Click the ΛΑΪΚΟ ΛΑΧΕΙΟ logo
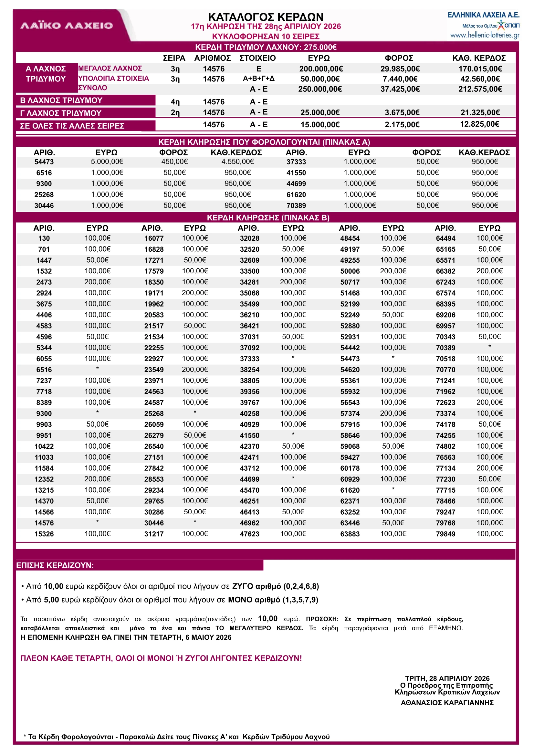(67, 26)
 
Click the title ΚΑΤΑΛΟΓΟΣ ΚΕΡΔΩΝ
(266, 17)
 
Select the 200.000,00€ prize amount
(320, 69)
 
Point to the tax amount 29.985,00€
(400, 69)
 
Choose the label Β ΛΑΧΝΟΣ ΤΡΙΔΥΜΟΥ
(61, 100)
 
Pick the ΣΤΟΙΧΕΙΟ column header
(257, 58)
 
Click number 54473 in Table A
(44, 162)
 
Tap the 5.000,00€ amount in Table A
(107, 162)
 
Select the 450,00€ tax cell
(174, 162)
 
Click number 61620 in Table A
(296, 195)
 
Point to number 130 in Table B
(44, 238)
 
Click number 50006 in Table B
(350, 271)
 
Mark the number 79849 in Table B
(445, 534)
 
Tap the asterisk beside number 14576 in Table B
(97, 522)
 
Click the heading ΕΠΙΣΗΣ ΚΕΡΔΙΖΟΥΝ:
(55, 565)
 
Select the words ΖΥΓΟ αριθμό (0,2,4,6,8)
(276, 586)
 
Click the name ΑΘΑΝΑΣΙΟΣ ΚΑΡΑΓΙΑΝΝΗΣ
(447, 703)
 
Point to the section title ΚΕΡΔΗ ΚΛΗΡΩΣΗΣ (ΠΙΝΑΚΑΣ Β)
(268, 218)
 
